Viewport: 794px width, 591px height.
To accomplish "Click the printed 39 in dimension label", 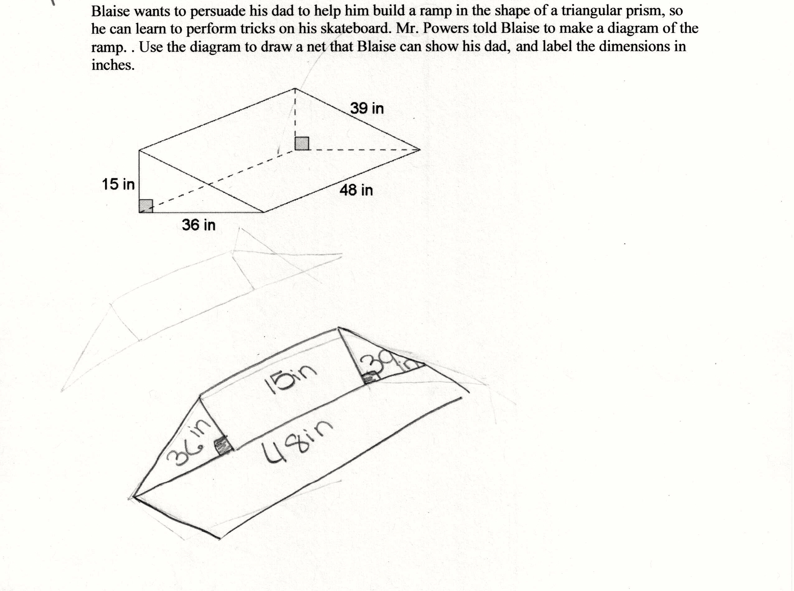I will (367, 108).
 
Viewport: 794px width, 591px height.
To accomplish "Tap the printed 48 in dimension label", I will (356, 190).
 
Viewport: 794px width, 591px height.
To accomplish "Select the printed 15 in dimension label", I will (118, 184).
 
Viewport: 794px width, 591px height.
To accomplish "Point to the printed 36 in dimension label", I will (199, 225).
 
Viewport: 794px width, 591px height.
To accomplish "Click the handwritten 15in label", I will (291, 379).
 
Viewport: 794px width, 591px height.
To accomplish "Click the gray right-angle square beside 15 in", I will (146, 206).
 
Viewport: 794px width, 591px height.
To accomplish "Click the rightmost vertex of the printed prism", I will (420, 150).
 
